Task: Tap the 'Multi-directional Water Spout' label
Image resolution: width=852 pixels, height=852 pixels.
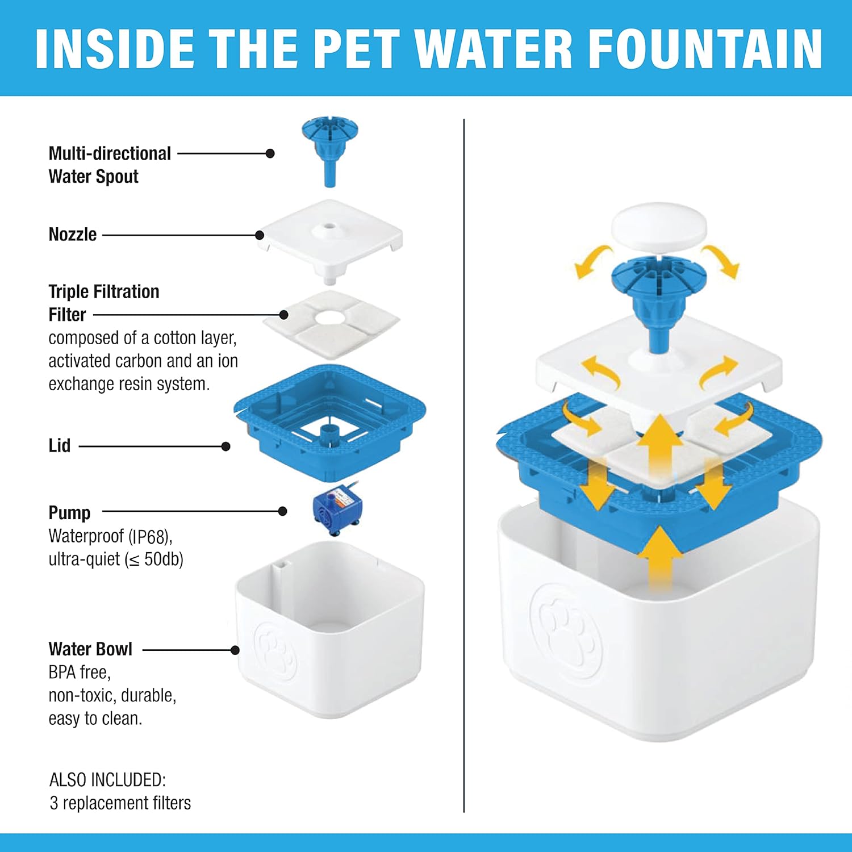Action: click(x=109, y=165)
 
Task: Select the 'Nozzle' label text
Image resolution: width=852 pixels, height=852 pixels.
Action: click(x=73, y=235)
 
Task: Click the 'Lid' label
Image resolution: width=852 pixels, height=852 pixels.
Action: click(x=60, y=446)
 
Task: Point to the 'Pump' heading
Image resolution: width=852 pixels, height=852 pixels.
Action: click(x=69, y=512)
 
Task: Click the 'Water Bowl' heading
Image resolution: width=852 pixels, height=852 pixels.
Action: click(x=90, y=649)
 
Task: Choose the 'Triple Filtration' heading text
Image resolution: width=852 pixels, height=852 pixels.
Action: click(x=103, y=292)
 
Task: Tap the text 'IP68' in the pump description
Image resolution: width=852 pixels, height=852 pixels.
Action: click(x=149, y=536)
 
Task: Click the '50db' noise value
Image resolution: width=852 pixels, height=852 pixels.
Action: click(x=163, y=559)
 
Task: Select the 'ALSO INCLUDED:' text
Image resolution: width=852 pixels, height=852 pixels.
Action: click(x=107, y=780)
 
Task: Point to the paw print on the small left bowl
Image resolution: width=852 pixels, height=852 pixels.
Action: click(x=275, y=650)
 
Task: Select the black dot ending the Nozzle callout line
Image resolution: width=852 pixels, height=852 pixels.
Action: click(x=260, y=235)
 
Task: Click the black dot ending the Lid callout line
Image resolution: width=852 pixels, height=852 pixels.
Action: click(x=225, y=446)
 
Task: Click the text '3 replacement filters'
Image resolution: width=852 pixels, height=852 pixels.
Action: click(x=120, y=803)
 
